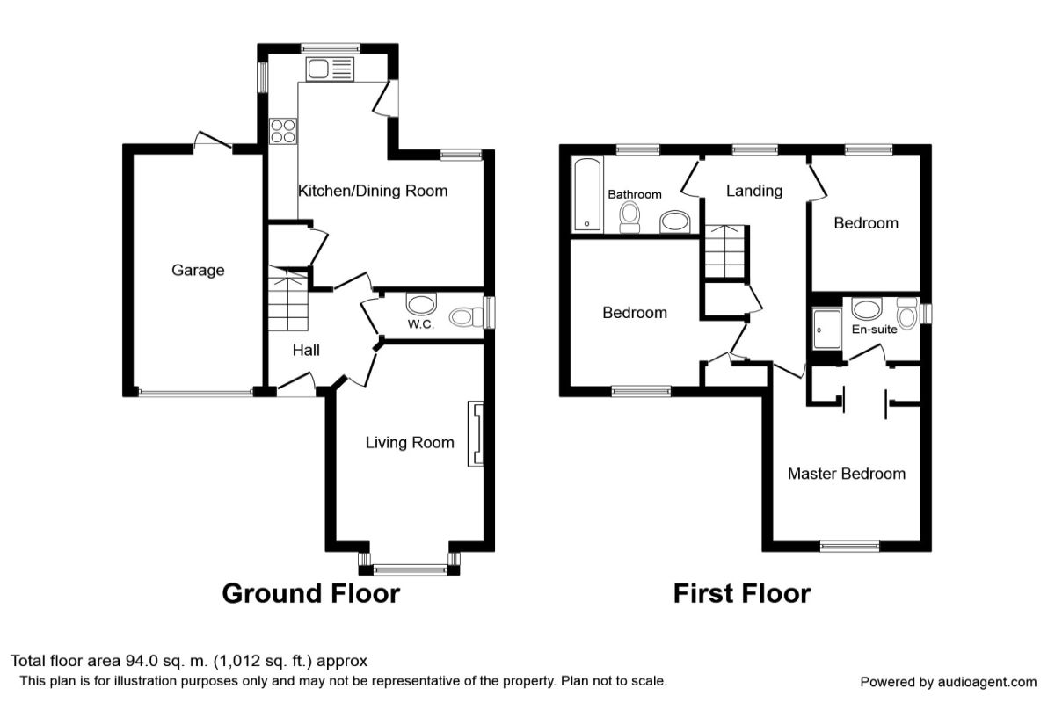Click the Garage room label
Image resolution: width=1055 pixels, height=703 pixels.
tap(198, 271)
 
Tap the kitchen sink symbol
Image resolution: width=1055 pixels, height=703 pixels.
tap(330, 69)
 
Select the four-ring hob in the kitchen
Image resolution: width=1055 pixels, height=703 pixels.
tap(283, 131)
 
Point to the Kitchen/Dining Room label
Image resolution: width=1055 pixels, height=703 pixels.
tap(373, 191)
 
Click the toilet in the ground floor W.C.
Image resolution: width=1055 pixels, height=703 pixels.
tap(466, 317)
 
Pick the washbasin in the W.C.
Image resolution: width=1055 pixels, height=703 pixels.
tap(421, 304)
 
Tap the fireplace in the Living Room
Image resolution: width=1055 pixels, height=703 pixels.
tap(476, 434)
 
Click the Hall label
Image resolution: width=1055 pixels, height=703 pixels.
tap(306, 351)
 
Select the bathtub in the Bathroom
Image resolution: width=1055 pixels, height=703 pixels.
tap(587, 193)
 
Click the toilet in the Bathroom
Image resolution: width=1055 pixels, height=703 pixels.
tap(629, 218)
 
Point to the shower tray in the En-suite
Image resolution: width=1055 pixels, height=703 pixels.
tap(827, 329)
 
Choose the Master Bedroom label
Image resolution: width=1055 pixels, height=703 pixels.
tap(847, 474)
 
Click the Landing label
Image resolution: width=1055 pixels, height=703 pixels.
tap(754, 191)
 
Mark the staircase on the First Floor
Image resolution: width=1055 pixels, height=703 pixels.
tap(725, 252)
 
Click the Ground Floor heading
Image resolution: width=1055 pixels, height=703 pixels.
tap(311, 593)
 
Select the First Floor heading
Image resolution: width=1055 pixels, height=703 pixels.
tap(742, 593)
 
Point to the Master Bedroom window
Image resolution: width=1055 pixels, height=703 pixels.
tap(849, 546)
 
